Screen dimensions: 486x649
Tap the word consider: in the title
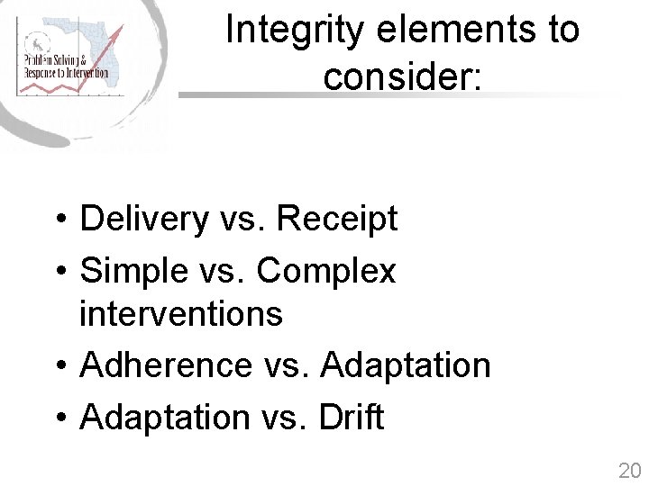click(403, 77)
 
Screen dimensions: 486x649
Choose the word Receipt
click(336, 219)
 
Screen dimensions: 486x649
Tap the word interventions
click(180, 314)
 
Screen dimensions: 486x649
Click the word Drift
click(352, 418)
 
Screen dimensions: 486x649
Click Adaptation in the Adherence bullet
click(405, 365)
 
